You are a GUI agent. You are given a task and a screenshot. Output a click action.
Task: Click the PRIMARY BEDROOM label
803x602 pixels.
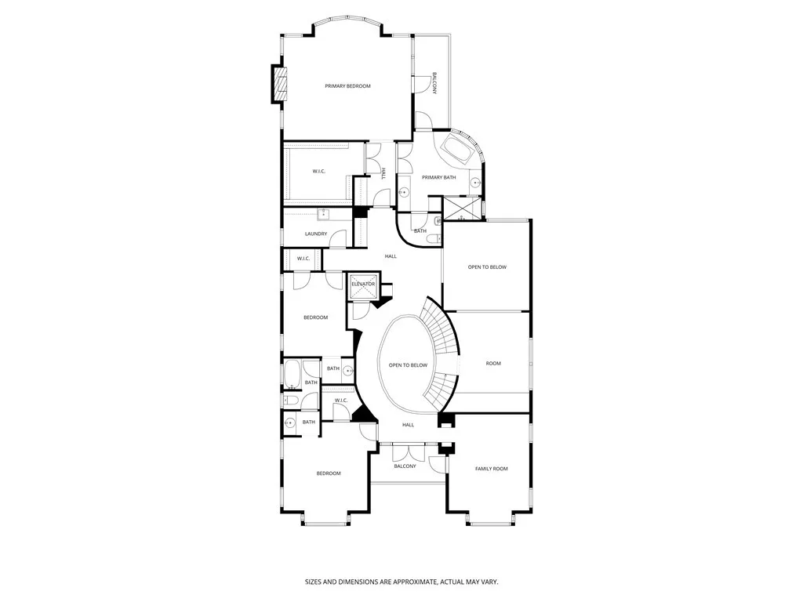[347, 86]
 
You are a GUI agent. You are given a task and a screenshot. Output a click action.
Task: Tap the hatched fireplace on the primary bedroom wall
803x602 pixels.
[279, 85]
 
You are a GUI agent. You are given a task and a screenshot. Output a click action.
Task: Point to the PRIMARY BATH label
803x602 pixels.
[439, 177]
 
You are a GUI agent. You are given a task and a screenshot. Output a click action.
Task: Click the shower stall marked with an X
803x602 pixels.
[462, 208]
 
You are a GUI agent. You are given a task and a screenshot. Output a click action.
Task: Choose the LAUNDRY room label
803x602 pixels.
[316, 234]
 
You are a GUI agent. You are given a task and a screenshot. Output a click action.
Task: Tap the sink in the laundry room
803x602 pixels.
[324, 215]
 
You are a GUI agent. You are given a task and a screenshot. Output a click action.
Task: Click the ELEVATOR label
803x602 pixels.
[363, 284]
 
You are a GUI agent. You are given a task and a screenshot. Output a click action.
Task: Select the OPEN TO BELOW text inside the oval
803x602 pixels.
[408, 365]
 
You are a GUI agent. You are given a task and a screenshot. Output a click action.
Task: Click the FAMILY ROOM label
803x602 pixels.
[492, 469]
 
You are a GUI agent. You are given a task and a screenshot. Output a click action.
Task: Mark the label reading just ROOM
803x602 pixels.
[493, 364]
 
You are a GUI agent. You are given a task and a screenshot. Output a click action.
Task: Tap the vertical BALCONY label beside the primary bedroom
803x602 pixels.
[434, 83]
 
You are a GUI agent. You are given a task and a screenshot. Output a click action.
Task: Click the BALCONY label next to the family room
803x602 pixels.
[405, 466]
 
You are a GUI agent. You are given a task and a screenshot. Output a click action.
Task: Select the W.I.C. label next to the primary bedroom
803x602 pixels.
[318, 171]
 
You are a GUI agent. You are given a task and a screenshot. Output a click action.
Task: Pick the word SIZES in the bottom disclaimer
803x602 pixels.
[314, 582]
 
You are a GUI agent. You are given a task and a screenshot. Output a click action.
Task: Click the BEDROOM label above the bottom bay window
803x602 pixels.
[329, 473]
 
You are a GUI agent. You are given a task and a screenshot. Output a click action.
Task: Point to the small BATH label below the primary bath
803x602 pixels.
[420, 231]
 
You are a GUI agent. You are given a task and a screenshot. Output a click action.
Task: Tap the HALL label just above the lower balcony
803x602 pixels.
[408, 425]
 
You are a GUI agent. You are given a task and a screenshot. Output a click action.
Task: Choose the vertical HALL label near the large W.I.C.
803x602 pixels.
[383, 174]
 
